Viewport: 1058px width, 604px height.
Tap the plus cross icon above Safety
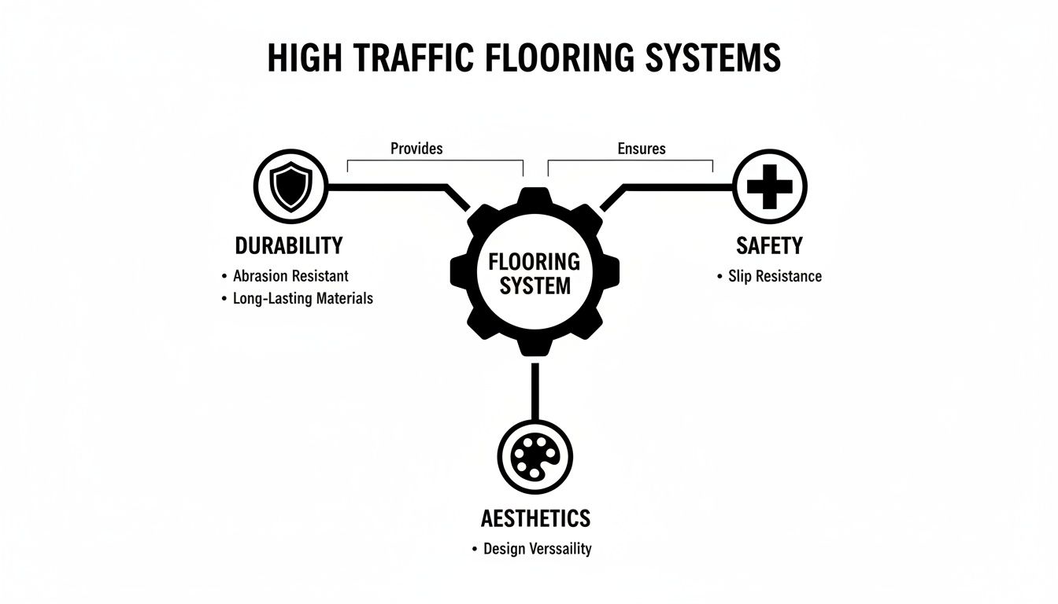pyautogui.click(x=769, y=187)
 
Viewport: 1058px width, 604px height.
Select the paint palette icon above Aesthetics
pyautogui.click(x=535, y=457)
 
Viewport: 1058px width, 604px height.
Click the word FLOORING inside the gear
pyautogui.click(x=535, y=262)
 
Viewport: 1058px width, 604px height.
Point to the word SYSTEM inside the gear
pyautogui.click(x=535, y=285)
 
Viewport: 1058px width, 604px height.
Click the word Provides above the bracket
pyautogui.click(x=416, y=148)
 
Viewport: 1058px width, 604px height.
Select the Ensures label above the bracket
pyautogui.click(x=642, y=148)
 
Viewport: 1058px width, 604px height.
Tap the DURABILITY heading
pyautogui.click(x=289, y=245)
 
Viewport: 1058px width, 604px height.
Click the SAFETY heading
pyautogui.click(x=769, y=245)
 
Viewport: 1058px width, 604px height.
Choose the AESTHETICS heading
pyautogui.click(x=535, y=518)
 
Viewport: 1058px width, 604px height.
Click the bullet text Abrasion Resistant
pyautogui.click(x=290, y=276)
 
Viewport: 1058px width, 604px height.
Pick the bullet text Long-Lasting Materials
pyautogui.click(x=303, y=299)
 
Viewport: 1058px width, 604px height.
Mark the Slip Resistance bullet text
pyautogui.click(x=775, y=276)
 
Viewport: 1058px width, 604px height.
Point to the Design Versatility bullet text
pyautogui.click(x=537, y=549)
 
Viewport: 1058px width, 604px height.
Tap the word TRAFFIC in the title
pyautogui.click(x=412, y=59)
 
